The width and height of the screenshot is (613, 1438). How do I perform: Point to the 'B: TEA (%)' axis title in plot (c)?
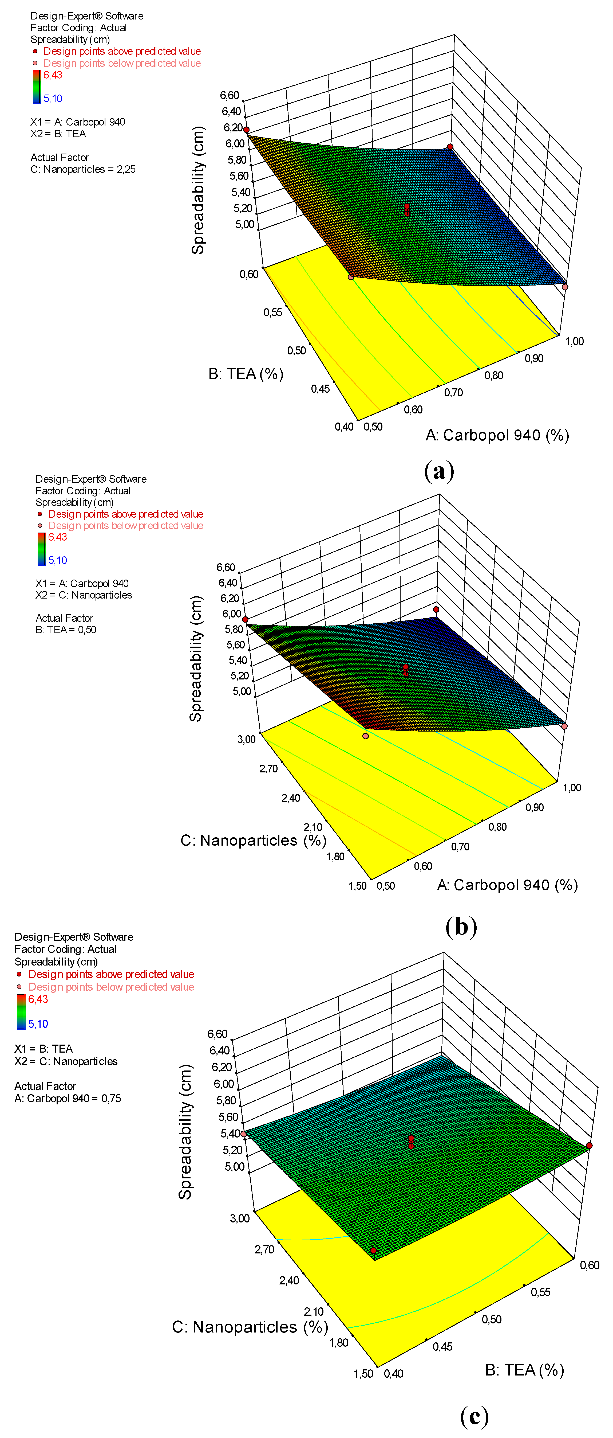point(524,1369)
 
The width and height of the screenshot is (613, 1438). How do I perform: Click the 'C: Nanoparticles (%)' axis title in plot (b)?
point(253,840)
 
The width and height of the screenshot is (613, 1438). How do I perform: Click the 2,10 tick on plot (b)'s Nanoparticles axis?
point(313,827)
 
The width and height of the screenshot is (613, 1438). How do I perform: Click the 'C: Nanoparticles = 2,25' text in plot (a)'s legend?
point(83,169)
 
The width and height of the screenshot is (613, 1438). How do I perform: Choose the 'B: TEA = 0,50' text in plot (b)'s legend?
point(66,630)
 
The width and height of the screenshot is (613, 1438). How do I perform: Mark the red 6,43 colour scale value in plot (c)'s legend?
point(38,999)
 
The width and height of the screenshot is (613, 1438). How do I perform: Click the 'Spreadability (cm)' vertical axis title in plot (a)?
point(198,190)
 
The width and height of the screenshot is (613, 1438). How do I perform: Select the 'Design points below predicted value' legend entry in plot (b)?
point(125,525)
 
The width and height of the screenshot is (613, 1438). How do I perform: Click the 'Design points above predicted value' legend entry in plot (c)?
point(111,974)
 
